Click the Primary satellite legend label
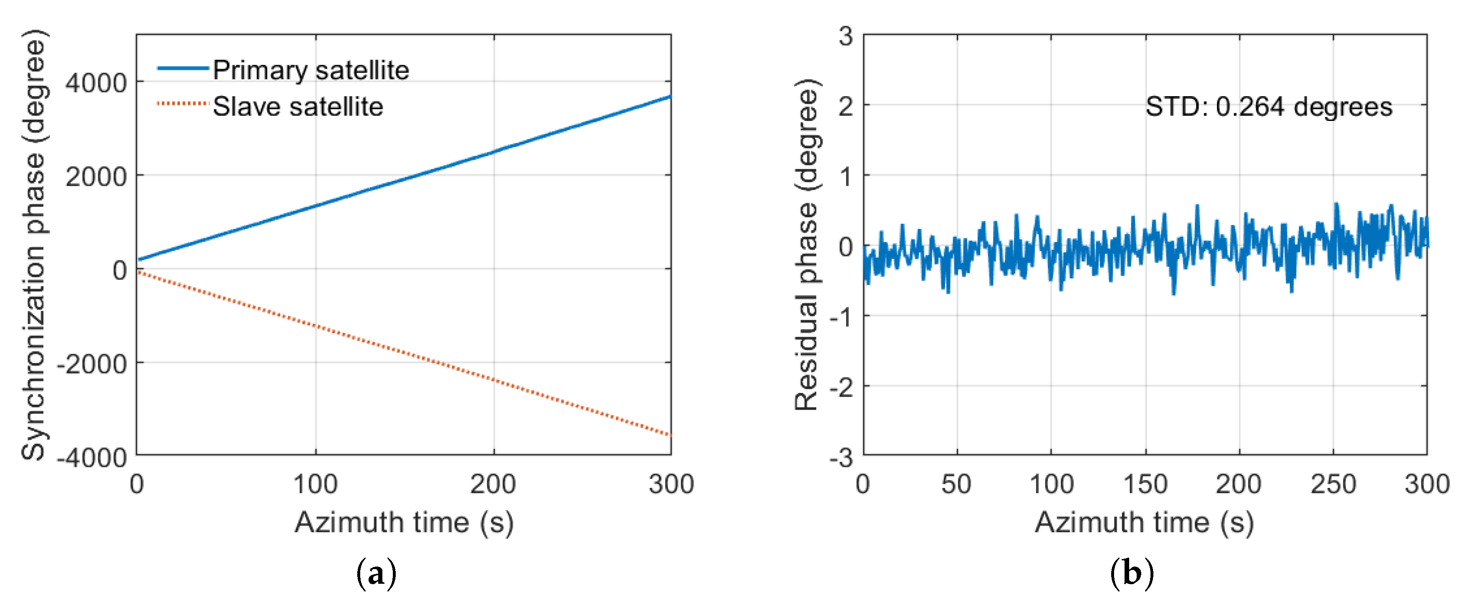click(x=311, y=70)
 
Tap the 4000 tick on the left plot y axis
click(x=95, y=83)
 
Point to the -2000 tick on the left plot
click(x=92, y=364)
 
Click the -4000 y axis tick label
click(x=92, y=457)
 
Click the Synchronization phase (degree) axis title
click(x=33, y=244)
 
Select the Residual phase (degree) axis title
click(x=806, y=244)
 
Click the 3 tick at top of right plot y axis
click(x=846, y=36)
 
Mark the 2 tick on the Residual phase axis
click(x=846, y=106)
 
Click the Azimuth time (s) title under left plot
click(x=404, y=522)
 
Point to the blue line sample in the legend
click(x=183, y=69)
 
